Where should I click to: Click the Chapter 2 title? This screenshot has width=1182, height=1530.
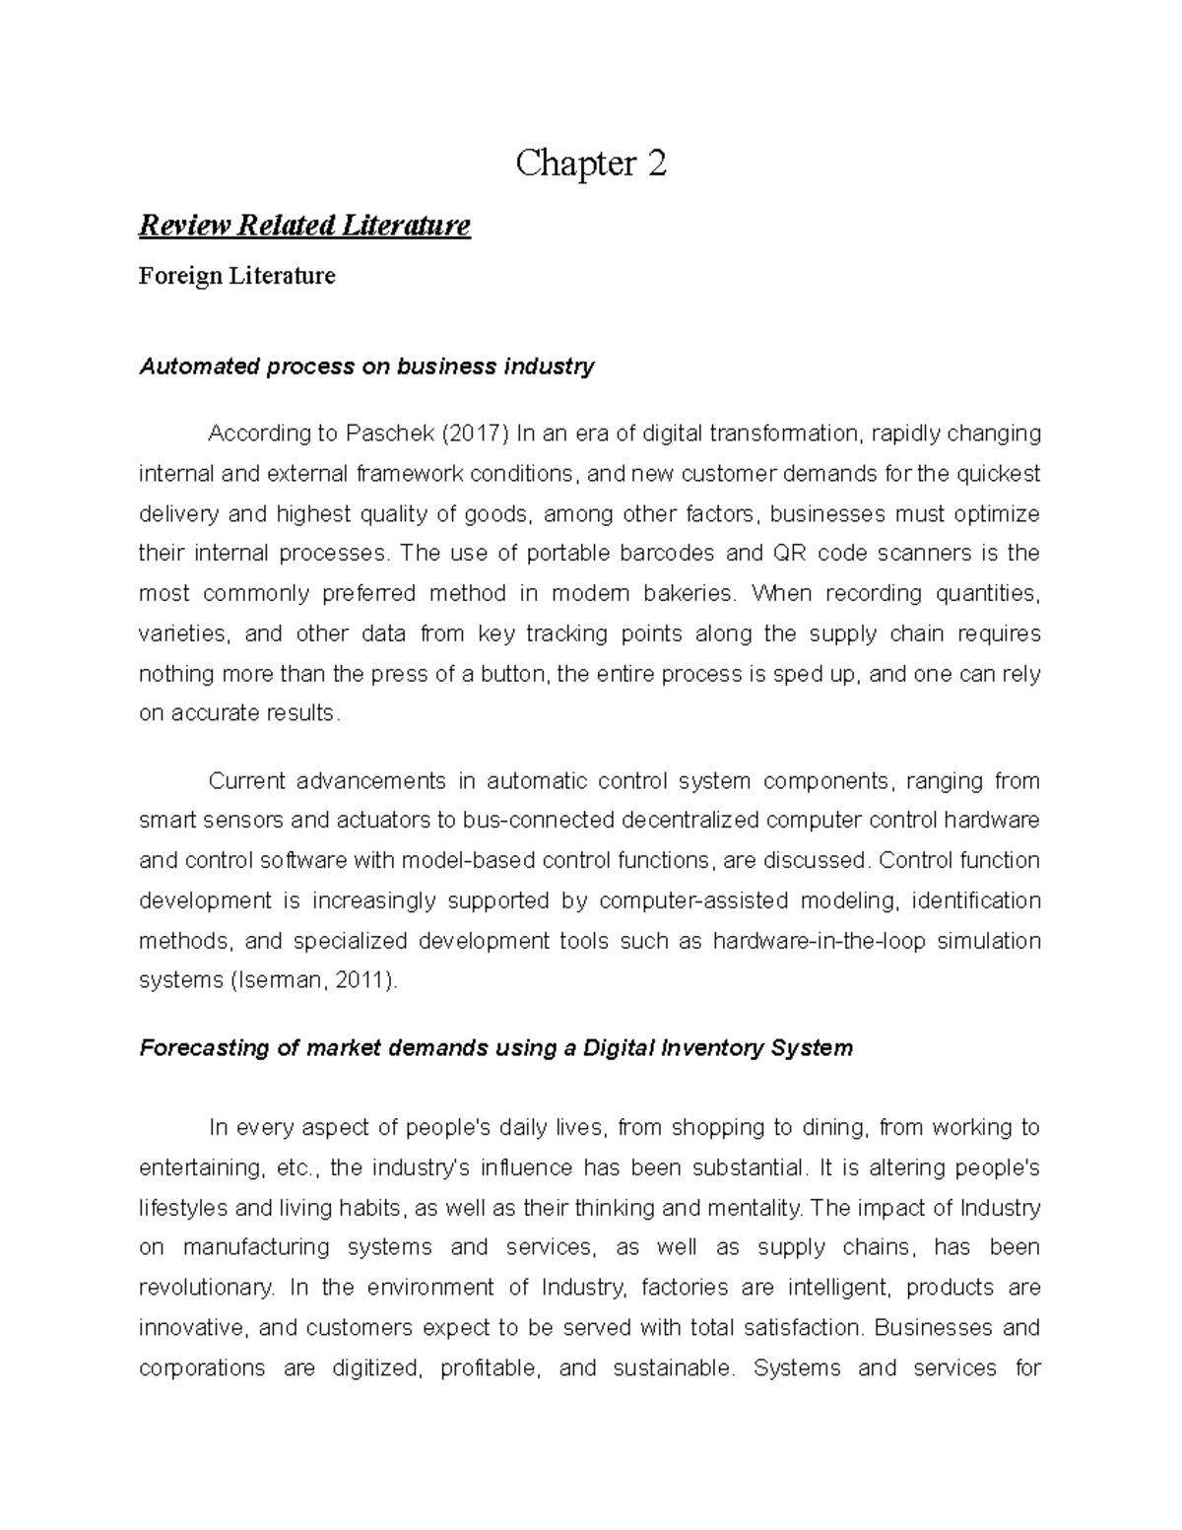pos(591,164)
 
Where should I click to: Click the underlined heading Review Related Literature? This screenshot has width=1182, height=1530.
pos(304,226)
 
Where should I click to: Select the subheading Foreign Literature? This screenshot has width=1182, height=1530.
pos(236,276)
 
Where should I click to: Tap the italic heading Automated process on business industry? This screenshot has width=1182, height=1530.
pos(366,367)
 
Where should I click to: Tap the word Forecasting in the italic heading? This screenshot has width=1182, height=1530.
pos(203,1048)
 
